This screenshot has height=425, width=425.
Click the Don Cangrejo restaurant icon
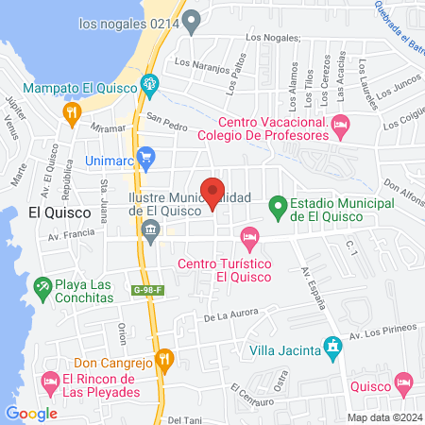pyautogui.click(x=164, y=359)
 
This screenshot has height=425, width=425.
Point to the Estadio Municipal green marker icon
pyautogui.click(x=278, y=205)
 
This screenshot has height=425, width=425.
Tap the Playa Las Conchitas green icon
pyautogui.click(x=42, y=284)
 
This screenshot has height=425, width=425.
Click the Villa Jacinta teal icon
pyautogui.click(x=331, y=348)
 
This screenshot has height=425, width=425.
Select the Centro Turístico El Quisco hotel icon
pyautogui.click(x=249, y=235)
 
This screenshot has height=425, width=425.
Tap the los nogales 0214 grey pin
pyautogui.click(x=193, y=18)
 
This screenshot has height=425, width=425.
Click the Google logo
pyautogui.click(x=31, y=413)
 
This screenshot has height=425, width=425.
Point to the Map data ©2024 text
pyautogui.click(x=384, y=416)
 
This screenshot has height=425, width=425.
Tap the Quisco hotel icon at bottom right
pyautogui.click(x=404, y=384)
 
